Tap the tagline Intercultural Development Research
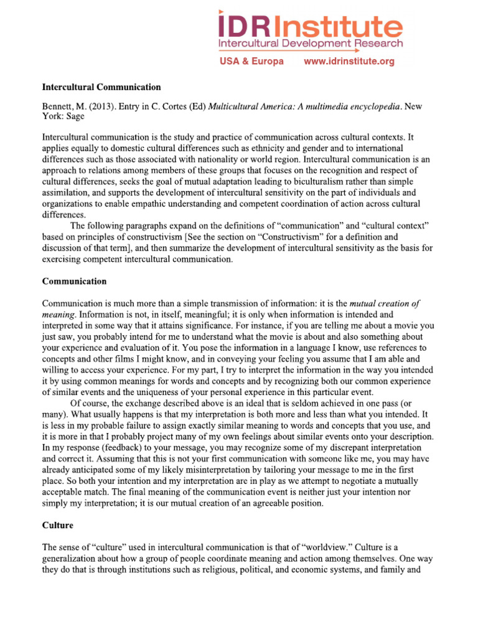coord(310,44)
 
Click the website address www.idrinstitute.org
coord(349,61)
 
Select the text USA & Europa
coord(251,61)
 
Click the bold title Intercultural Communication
coord(101,87)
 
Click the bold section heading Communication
coord(74,281)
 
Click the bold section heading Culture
coord(57,525)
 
